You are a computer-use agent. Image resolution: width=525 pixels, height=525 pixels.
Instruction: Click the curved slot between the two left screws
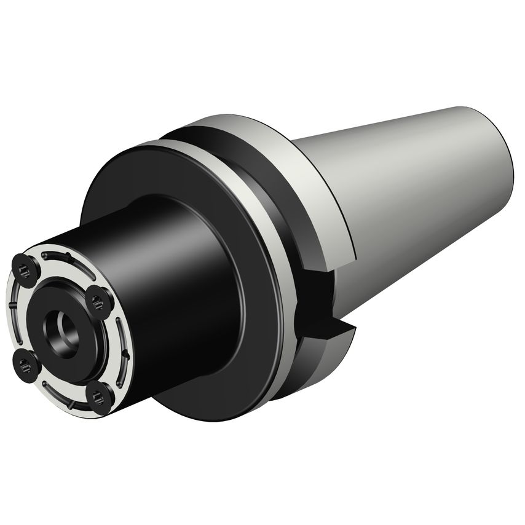(x=15, y=315)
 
